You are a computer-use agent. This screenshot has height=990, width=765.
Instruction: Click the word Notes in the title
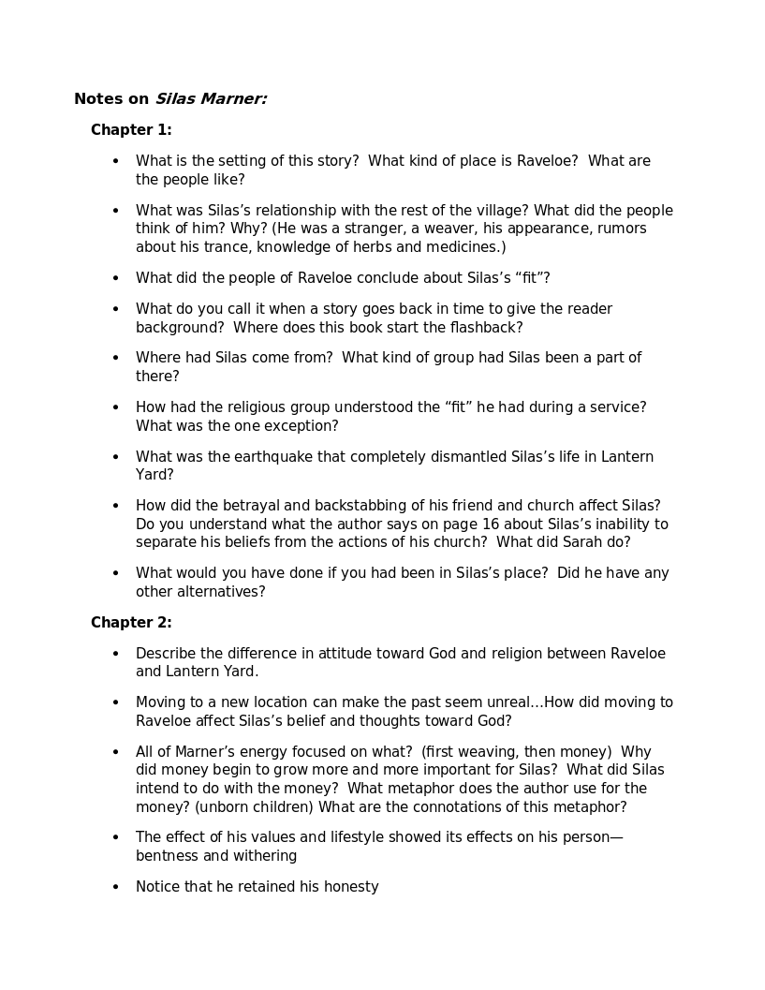pyautogui.click(x=97, y=98)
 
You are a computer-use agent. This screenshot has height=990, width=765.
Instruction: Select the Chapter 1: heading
pyautogui.click(x=131, y=130)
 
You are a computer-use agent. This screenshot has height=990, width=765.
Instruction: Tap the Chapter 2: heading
pyautogui.click(x=131, y=623)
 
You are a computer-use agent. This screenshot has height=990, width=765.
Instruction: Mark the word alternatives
pyautogui.click(x=221, y=592)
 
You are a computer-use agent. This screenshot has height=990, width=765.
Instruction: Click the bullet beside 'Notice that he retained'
pyautogui.click(x=116, y=887)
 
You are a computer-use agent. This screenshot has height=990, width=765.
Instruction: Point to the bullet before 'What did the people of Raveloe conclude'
pyautogui.click(x=116, y=278)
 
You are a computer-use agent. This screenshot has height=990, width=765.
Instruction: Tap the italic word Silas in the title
pyautogui.click(x=175, y=98)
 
